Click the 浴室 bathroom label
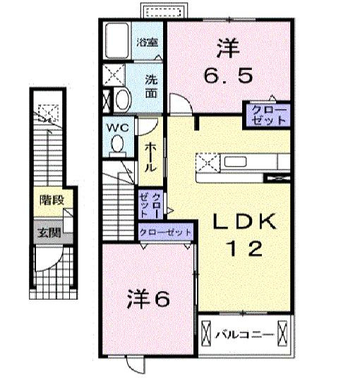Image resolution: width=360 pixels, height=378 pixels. click(148, 43)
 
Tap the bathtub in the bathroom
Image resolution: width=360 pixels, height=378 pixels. click(117, 40)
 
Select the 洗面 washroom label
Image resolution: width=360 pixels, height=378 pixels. click(152, 87)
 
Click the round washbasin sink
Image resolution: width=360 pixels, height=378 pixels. click(123, 100)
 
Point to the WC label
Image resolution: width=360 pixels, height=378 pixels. click(118, 128)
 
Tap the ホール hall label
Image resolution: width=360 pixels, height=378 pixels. click(150, 157)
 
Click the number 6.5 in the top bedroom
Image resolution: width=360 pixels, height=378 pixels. click(229, 75)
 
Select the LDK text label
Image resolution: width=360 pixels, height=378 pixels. click(244, 221)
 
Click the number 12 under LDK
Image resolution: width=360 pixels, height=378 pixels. click(244, 248)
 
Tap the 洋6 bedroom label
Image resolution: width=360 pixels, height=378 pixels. click(148, 299)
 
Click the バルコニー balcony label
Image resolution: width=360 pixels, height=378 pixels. click(244, 335)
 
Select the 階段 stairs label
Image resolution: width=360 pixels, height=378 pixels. click(52, 200)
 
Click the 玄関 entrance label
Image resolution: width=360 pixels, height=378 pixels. click(49, 233)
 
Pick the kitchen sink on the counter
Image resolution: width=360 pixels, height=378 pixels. click(235, 161)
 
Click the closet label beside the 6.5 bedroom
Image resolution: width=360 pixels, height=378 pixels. click(268, 116)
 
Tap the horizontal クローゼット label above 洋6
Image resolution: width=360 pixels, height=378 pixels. click(165, 233)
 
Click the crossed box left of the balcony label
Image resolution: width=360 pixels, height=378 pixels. click(206, 334)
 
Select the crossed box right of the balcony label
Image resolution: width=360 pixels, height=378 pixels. click(282, 334)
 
